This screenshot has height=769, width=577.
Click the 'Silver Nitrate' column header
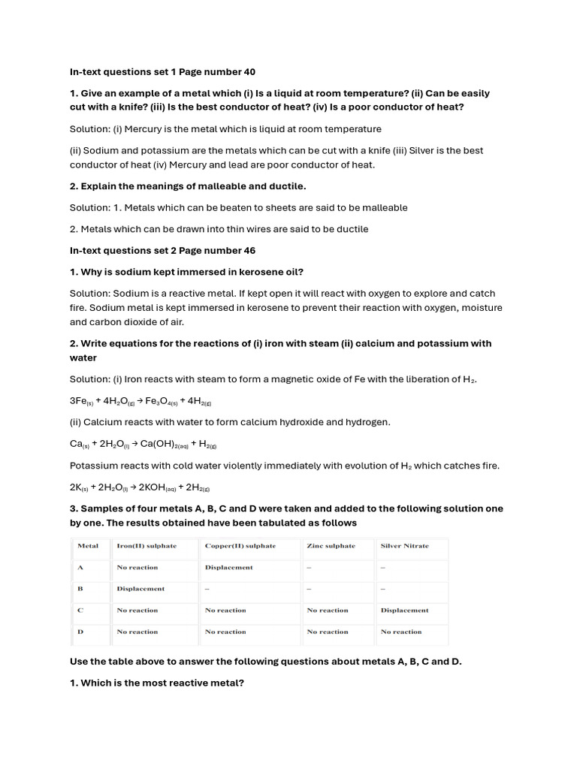(x=404, y=546)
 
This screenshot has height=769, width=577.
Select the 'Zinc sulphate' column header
(x=331, y=546)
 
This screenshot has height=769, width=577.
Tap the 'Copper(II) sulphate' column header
(x=240, y=546)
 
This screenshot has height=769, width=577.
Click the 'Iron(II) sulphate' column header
(x=147, y=546)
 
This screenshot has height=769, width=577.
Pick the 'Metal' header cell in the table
(x=88, y=546)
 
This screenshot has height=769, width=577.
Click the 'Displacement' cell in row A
(x=228, y=568)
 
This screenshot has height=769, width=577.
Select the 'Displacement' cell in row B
(x=140, y=589)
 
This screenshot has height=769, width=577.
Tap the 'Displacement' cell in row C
(x=404, y=611)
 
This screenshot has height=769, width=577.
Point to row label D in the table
(x=80, y=632)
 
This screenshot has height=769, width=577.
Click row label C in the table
(x=80, y=611)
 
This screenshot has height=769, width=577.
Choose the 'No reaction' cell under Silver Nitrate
(x=401, y=632)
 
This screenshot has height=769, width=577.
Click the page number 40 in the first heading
(x=249, y=72)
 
